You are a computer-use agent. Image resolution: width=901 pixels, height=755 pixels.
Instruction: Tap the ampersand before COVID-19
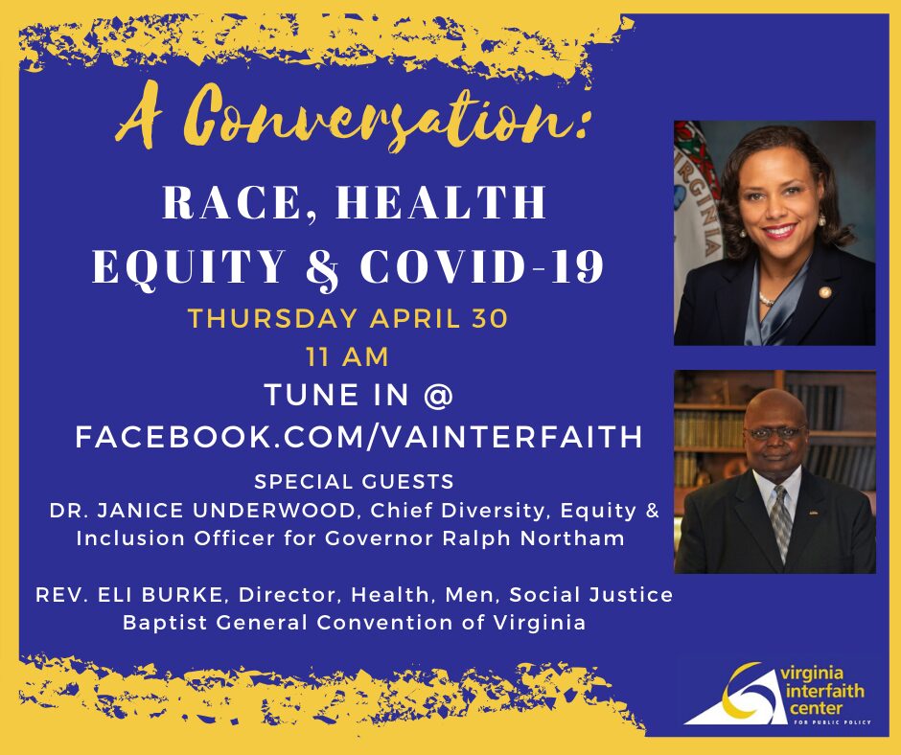tap(324, 268)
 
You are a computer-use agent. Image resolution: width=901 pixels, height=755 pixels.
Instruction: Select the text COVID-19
tap(481, 266)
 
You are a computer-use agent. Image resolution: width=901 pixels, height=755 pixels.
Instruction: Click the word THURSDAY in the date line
tap(273, 318)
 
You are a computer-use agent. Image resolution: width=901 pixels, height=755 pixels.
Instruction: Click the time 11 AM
tap(347, 356)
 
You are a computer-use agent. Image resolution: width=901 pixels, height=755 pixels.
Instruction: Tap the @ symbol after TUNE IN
tap(438, 396)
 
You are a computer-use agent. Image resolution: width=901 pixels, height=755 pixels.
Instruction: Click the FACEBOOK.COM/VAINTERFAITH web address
tap(359, 437)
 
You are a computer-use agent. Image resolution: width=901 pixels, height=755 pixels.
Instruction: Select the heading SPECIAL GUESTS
tap(354, 482)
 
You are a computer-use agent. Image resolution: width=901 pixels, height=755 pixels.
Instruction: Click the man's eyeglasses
tap(775, 432)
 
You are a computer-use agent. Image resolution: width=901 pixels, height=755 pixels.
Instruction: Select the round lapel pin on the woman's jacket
tap(825, 292)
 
